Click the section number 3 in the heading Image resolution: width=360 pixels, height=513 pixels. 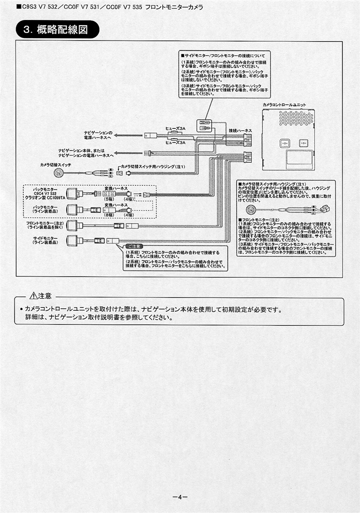26,30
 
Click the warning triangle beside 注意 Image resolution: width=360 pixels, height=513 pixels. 33,296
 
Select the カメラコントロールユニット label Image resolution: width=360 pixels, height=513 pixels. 288,104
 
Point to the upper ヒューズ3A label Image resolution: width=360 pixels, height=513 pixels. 175,128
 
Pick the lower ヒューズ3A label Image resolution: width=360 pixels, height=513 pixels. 175,142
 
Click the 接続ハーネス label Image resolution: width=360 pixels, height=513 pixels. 240,131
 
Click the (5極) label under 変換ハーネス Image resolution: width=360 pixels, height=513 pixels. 109,199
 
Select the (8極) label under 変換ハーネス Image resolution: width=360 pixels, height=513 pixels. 109,215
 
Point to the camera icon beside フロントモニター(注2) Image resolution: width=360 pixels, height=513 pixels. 71,225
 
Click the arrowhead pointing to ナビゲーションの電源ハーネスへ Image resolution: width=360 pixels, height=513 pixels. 117,134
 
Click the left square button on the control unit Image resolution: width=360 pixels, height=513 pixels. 284,143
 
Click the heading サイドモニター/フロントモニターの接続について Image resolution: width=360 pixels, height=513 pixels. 223,54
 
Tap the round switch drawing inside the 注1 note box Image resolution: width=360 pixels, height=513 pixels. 250,210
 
